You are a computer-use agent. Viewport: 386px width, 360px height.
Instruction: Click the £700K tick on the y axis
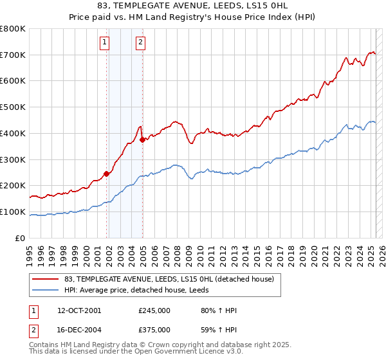click(13, 55)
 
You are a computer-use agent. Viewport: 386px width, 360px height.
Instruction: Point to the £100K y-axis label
click(13, 212)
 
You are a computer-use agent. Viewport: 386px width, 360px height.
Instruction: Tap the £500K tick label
click(13, 107)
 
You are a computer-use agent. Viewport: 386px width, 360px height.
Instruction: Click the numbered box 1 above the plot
click(104, 43)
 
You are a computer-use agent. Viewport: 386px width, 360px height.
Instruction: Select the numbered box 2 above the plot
click(140, 43)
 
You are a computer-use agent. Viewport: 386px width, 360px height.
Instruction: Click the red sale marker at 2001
click(106, 173)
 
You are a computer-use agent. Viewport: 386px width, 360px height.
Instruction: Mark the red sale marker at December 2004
click(142, 139)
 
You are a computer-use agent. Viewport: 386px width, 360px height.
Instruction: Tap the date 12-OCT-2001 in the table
click(79, 310)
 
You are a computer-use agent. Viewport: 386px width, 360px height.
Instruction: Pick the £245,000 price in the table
click(154, 310)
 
